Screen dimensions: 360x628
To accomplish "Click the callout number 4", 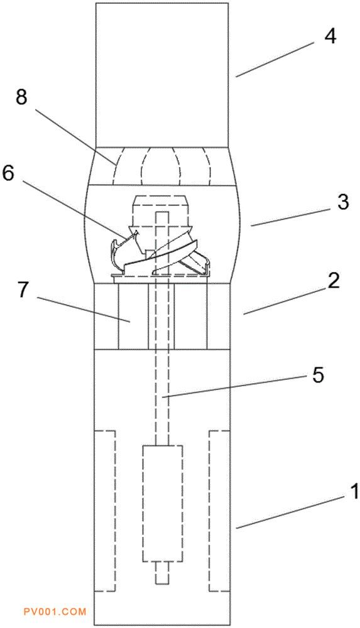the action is (330, 37).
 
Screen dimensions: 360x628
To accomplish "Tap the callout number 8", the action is (21, 97).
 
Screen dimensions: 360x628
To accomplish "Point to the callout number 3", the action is (343, 202).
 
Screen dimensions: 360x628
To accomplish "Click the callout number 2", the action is (333, 281).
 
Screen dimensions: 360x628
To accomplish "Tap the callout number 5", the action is (317, 376).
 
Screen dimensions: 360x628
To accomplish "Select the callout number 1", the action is (354, 492).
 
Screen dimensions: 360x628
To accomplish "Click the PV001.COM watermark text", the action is (55, 612).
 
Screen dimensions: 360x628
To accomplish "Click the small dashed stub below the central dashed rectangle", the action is (162, 572).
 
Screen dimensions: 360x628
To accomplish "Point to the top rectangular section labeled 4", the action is (162, 75).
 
